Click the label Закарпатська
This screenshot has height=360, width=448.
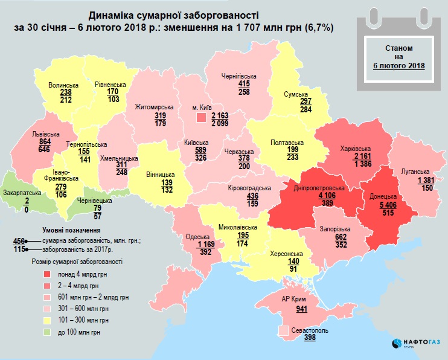[22, 193]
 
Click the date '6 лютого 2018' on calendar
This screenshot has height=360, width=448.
[398, 65]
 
